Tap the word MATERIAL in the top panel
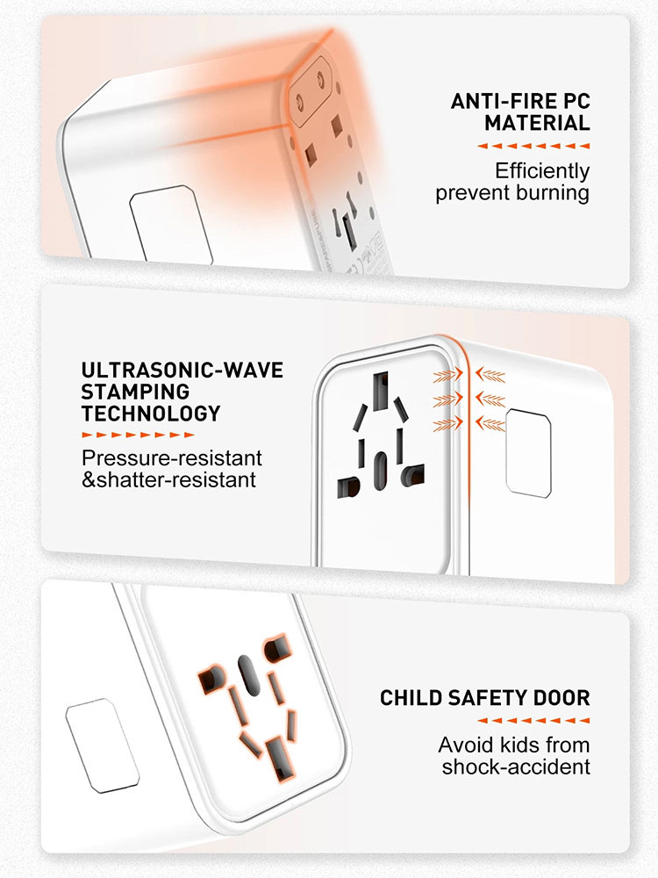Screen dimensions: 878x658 point(537,124)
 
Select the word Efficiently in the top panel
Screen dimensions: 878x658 point(542,170)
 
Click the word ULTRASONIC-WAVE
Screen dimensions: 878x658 point(182,370)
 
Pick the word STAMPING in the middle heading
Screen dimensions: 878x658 point(135,392)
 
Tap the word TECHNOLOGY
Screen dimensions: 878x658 point(151,413)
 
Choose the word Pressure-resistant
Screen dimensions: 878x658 point(172,457)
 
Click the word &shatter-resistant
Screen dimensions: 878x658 point(169,480)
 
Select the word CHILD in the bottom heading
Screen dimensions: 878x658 point(411,699)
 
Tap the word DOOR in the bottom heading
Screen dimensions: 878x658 point(561,699)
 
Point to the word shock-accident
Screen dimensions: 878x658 point(516,767)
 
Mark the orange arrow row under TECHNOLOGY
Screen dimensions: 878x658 point(137,435)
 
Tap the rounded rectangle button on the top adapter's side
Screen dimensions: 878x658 point(171,224)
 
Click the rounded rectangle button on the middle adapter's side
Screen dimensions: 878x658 point(527,451)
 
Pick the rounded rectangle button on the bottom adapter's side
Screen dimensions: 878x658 point(102,743)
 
